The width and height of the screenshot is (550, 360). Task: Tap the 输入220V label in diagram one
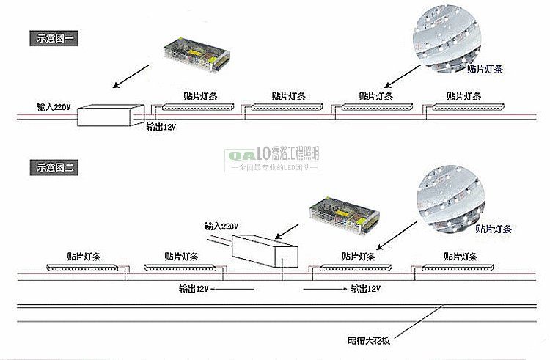pos(54,107)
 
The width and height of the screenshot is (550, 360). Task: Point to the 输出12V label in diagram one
pos(161,126)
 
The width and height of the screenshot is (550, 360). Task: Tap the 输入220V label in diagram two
pos(222,225)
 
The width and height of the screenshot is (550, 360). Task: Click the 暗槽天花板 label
pos(368,340)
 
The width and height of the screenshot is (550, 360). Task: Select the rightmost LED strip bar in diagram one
pos(463,106)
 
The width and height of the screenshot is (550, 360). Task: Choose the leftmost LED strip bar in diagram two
pos(82,268)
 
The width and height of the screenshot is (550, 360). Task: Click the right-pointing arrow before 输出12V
pos(324,289)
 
